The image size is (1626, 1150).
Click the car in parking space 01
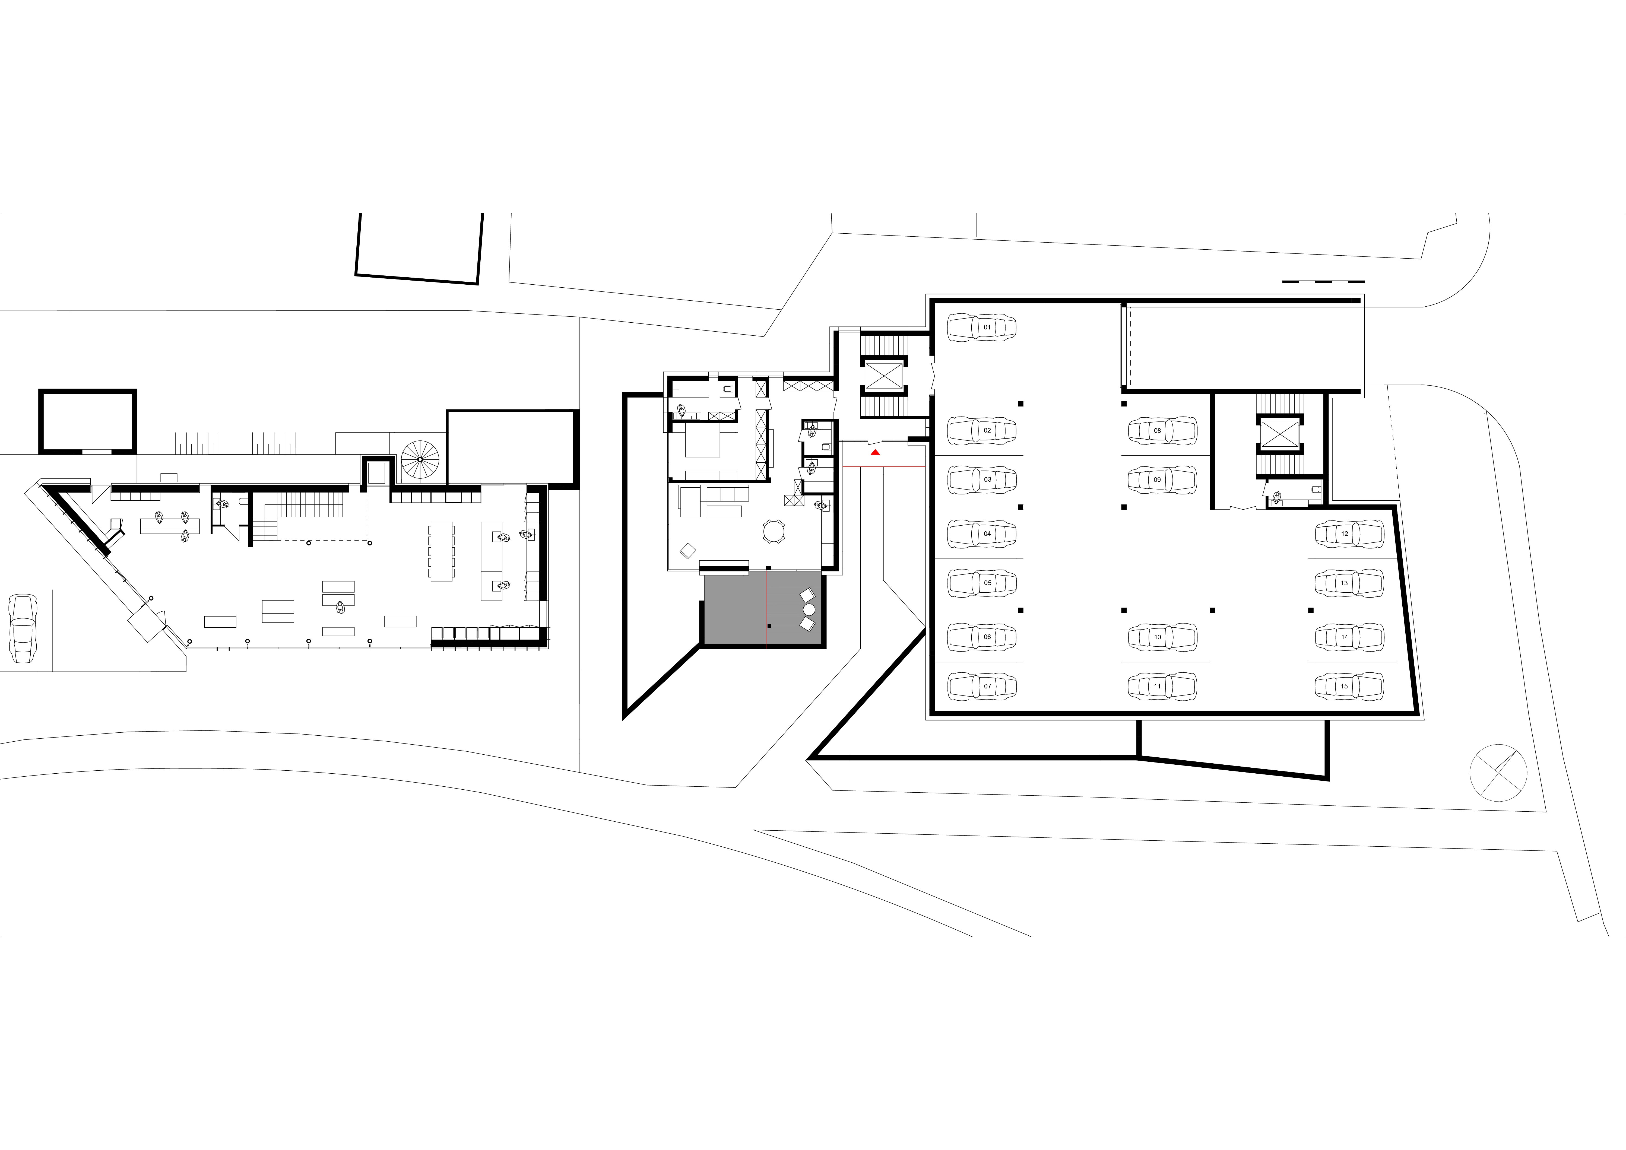(x=982, y=327)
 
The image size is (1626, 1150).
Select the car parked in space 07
(x=982, y=686)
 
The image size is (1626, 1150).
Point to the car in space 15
(x=1349, y=686)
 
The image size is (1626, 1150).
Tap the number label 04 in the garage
(x=987, y=534)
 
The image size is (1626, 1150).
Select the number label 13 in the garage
(x=1344, y=583)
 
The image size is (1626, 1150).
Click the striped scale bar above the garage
(x=1323, y=282)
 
